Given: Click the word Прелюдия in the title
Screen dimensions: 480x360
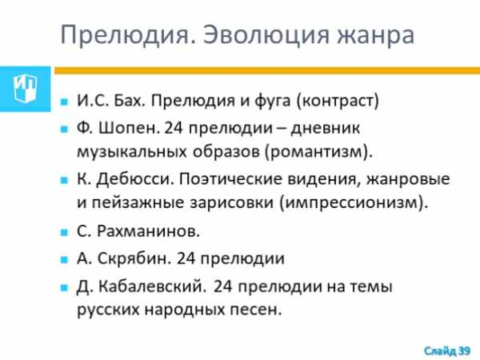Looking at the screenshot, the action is coord(128,34).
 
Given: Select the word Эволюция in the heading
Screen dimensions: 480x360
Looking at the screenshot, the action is coord(266,34).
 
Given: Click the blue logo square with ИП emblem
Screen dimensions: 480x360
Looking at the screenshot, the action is coord(26,89).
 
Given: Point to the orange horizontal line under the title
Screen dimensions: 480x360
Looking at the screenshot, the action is coord(267,70).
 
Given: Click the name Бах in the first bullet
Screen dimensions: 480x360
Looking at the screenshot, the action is coord(129,101).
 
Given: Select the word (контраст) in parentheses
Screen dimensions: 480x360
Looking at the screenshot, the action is coord(338,101).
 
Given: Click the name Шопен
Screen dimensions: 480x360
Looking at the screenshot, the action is coord(129,128).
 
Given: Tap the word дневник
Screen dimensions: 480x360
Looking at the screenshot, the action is coord(325,129).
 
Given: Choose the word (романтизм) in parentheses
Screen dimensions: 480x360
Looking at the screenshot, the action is coord(318,152).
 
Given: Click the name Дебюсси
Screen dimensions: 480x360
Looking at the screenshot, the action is coord(135,179).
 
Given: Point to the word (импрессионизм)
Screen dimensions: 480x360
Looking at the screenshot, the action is coord(354,202).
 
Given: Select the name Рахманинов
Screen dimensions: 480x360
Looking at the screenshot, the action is coord(149,231).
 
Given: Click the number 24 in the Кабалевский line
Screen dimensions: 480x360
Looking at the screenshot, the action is coord(222,287).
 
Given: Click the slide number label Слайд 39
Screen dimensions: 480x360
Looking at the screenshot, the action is coord(447,351).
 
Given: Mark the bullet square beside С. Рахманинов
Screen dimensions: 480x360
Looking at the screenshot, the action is coord(64,232).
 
